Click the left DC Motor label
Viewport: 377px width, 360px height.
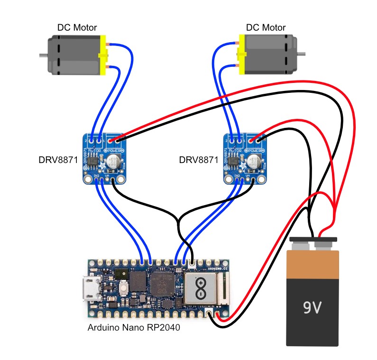click(76, 27)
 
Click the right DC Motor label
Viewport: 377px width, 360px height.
click(266, 27)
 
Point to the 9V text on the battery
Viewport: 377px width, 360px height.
click(313, 309)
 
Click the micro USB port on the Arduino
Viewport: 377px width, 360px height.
click(89, 289)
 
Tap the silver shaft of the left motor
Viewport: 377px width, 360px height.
click(43, 56)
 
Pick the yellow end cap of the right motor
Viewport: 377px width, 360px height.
click(239, 56)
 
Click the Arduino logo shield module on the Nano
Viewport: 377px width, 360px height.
click(201, 288)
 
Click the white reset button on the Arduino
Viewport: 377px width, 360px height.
click(123, 288)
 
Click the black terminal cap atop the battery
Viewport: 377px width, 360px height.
click(313, 239)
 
